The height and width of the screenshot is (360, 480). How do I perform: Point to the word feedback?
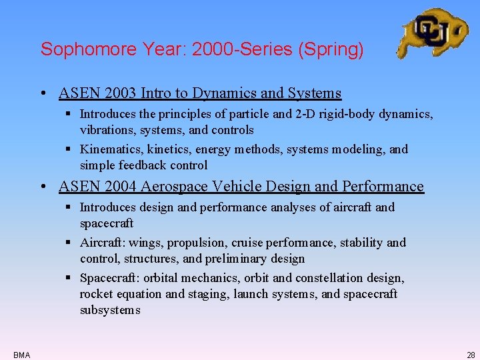pos(144,165)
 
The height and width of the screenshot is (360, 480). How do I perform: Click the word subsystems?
pos(110,310)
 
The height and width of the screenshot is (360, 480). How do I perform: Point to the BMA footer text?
pos(21,355)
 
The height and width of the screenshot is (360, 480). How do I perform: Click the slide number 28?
pos(471,355)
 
